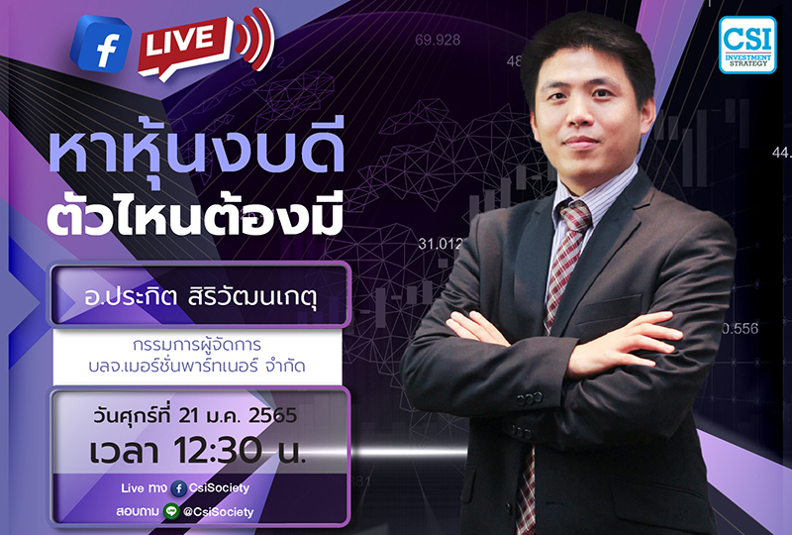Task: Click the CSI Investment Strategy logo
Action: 747,45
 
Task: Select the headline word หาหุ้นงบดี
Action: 197,152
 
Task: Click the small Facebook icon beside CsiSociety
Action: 178,488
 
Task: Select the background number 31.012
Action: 442,243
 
